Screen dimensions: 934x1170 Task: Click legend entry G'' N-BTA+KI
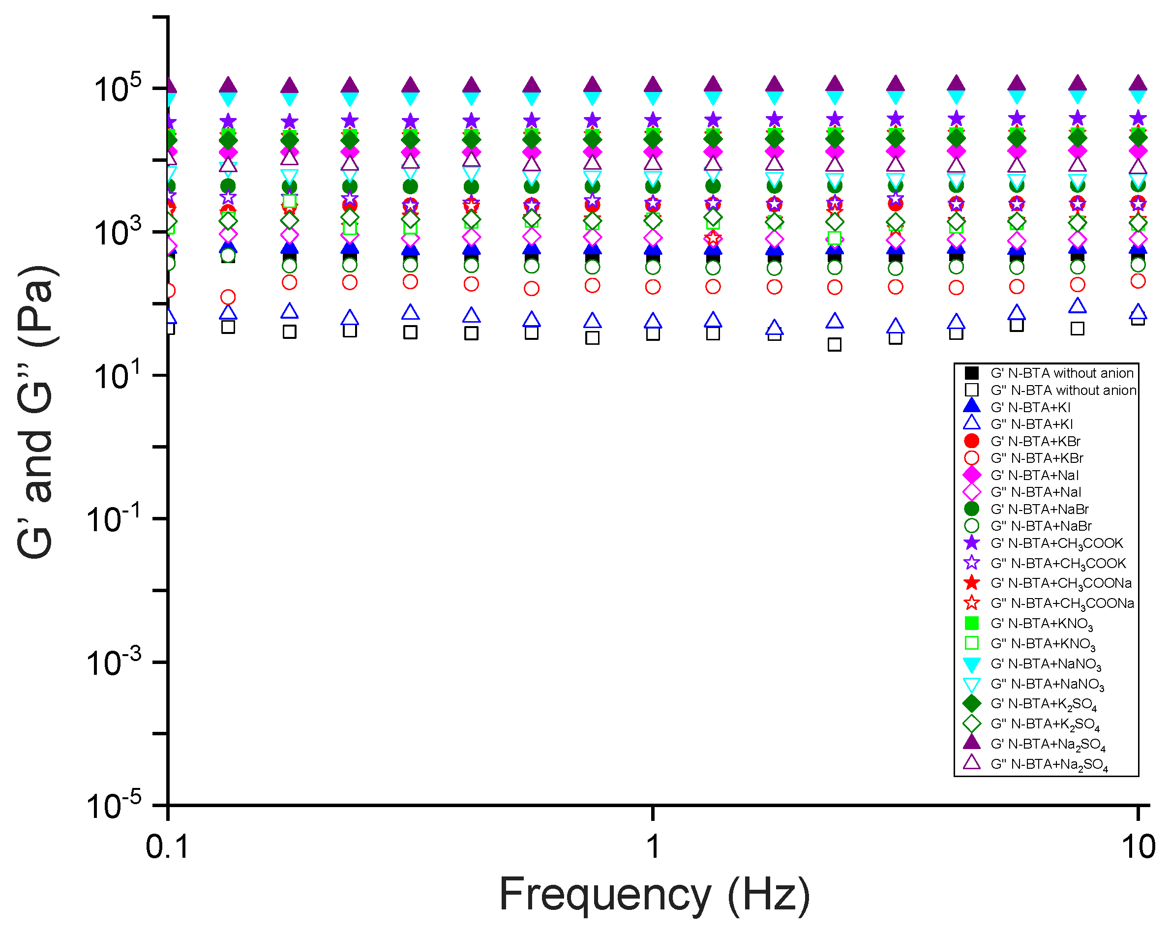tap(1031, 424)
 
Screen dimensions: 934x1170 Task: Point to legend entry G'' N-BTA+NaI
tap(1035, 492)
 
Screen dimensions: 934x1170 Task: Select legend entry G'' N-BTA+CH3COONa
tap(1061, 603)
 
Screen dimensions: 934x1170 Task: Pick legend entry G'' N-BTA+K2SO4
tap(1045, 724)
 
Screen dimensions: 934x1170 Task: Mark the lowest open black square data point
tap(835, 344)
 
